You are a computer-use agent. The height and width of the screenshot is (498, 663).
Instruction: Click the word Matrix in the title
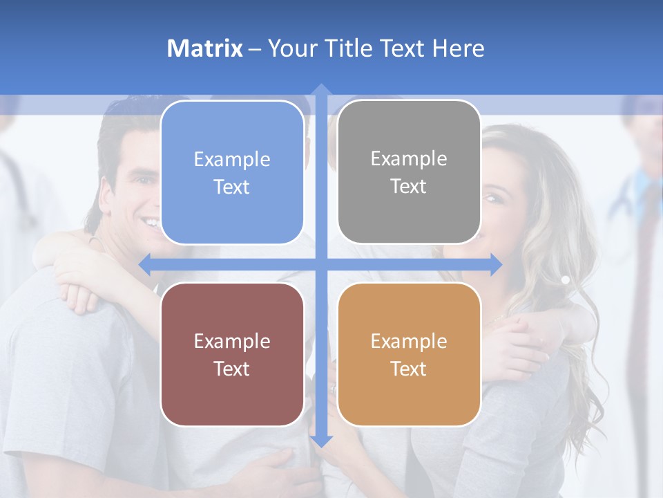tap(205, 48)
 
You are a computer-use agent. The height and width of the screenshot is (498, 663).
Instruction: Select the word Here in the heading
tap(459, 48)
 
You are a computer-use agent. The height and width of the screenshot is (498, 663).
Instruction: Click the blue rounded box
tap(232, 172)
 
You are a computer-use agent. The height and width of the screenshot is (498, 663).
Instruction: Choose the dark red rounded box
tap(232, 354)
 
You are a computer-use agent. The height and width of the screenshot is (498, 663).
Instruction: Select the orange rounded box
tap(409, 354)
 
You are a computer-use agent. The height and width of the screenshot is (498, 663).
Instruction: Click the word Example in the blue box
tap(232, 159)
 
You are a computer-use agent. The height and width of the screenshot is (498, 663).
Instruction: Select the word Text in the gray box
tap(409, 187)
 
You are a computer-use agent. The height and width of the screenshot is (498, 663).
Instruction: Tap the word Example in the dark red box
tap(232, 341)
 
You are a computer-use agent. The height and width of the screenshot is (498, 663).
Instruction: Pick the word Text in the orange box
tap(409, 369)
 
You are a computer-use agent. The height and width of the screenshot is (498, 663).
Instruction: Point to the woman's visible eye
tap(492, 199)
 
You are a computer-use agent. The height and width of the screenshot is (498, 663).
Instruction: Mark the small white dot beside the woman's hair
tap(565, 280)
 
